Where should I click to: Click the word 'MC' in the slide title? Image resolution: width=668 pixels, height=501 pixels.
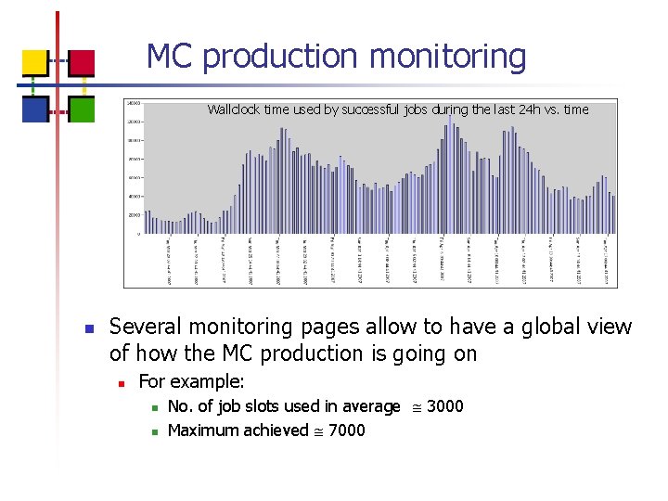point(170,57)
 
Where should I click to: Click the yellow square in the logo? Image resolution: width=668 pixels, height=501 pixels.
point(35,63)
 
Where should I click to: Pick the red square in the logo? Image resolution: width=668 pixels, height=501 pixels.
point(82,63)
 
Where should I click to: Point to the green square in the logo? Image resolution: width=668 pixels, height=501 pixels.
point(82,109)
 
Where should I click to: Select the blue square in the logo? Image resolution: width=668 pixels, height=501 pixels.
point(35,109)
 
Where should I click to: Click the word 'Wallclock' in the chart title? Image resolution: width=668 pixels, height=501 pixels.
point(234,109)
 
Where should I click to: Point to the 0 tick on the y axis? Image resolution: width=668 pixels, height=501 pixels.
point(139,234)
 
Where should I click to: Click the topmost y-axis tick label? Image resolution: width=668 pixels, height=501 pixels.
point(134,103)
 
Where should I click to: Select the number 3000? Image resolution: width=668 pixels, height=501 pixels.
point(444,406)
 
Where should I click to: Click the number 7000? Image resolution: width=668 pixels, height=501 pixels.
point(346,430)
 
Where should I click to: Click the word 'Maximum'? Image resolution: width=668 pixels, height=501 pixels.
point(205,430)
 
